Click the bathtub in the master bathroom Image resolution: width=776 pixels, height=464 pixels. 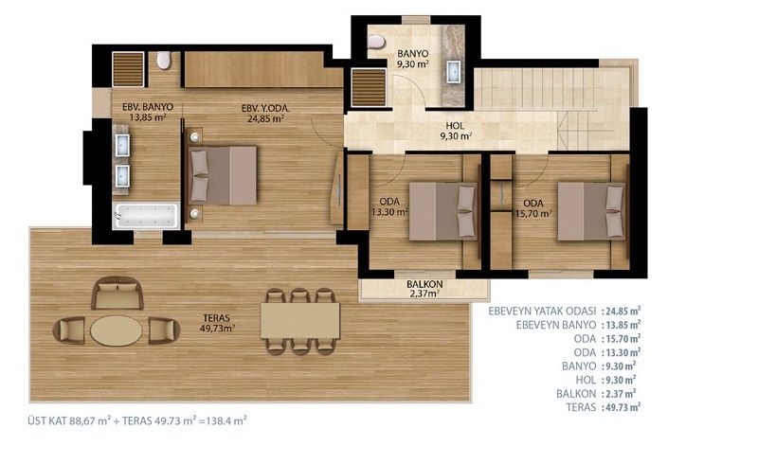(146, 216)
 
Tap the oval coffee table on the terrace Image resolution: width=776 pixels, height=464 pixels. (117, 330)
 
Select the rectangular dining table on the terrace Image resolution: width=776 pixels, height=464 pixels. (300, 321)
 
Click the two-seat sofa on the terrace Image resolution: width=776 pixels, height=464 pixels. (117, 293)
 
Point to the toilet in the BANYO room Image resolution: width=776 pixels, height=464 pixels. (376, 42)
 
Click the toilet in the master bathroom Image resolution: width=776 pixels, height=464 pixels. (164, 61)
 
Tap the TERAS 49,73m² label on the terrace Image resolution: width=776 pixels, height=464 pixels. (216, 323)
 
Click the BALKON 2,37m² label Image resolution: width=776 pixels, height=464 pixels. (424, 289)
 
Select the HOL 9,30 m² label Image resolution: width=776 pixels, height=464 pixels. (456, 131)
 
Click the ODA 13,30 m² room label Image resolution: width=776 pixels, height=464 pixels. (389, 207)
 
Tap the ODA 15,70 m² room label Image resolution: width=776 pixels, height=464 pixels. (533, 208)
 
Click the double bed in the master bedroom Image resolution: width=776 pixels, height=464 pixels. (223, 175)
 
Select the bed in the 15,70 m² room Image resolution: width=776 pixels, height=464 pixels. (591, 211)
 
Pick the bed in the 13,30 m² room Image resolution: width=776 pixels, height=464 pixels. (443, 211)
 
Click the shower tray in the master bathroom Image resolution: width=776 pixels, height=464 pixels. (128, 69)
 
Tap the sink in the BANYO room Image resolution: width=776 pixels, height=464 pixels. (454, 72)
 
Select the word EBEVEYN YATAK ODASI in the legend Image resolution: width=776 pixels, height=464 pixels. (542, 312)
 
